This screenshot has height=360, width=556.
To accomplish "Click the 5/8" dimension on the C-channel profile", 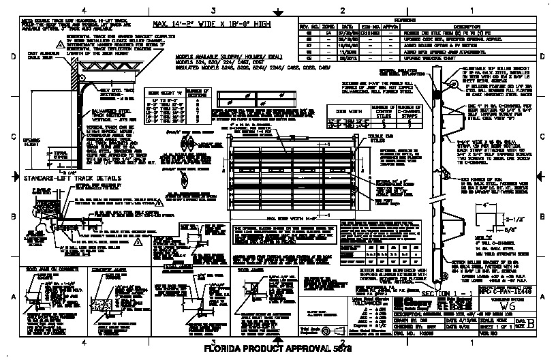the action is pos(496,229).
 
